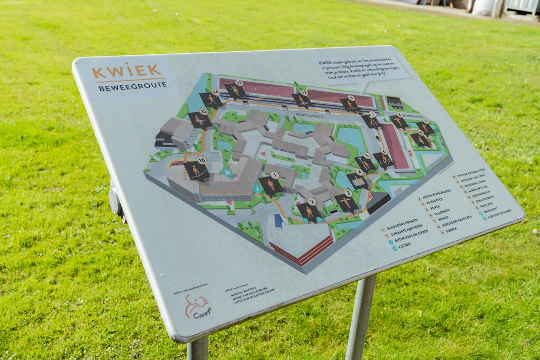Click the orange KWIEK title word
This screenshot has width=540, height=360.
pos(127,71)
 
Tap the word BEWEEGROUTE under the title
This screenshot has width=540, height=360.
pos(133,86)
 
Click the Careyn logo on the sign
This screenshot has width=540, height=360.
pos(197,306)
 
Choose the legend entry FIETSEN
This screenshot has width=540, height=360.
pos(405,246)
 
